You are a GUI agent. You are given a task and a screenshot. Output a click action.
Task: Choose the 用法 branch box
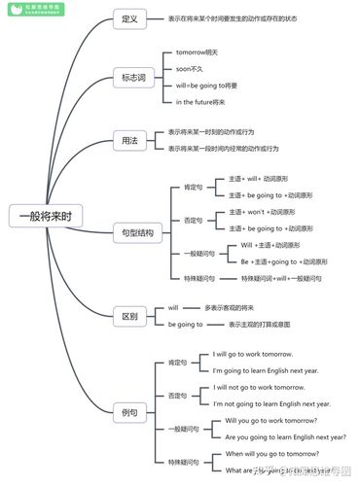tap(128, 140)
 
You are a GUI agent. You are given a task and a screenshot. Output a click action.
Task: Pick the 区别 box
tap(128, 316)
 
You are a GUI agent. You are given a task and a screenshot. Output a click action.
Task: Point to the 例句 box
tap(128, 412)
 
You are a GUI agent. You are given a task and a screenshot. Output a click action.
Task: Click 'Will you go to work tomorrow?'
tap(270, 420)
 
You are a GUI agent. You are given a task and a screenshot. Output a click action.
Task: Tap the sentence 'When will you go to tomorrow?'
tap(270, 453)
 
